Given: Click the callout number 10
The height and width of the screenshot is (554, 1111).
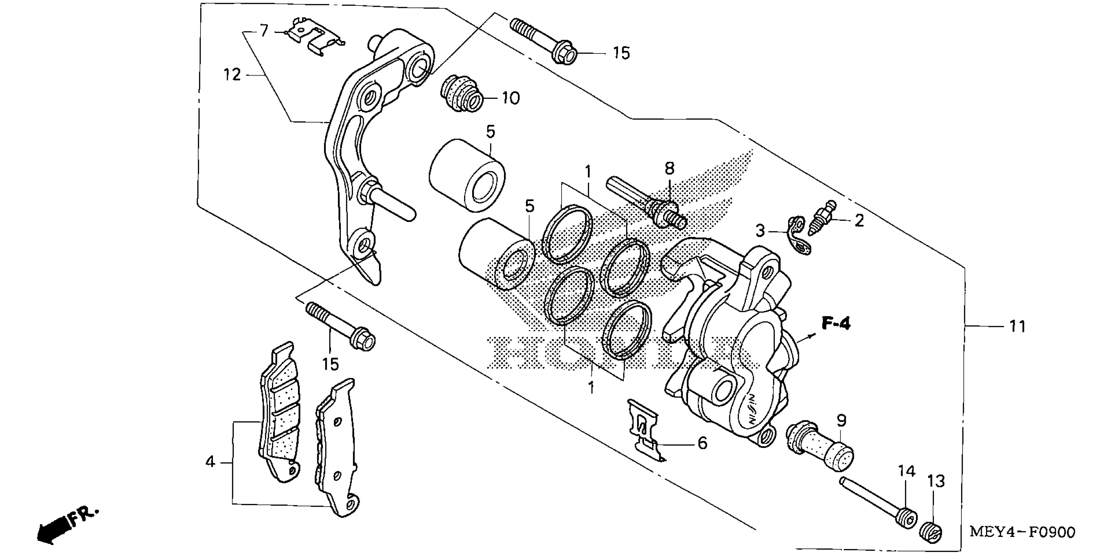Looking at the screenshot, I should [x=511, y=98].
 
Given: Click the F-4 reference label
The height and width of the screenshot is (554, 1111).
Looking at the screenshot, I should [x=836, y=323].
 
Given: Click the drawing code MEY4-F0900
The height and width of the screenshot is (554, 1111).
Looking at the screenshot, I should [x=1023, y=532].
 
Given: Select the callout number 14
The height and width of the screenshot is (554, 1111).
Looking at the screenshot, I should [x=907, y=471].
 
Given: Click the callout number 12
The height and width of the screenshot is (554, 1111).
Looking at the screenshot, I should [x=232, y=75].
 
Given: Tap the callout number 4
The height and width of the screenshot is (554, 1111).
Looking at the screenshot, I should [x=210, y=462].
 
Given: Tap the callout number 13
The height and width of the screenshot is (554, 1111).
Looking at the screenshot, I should [x=936, y=481].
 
